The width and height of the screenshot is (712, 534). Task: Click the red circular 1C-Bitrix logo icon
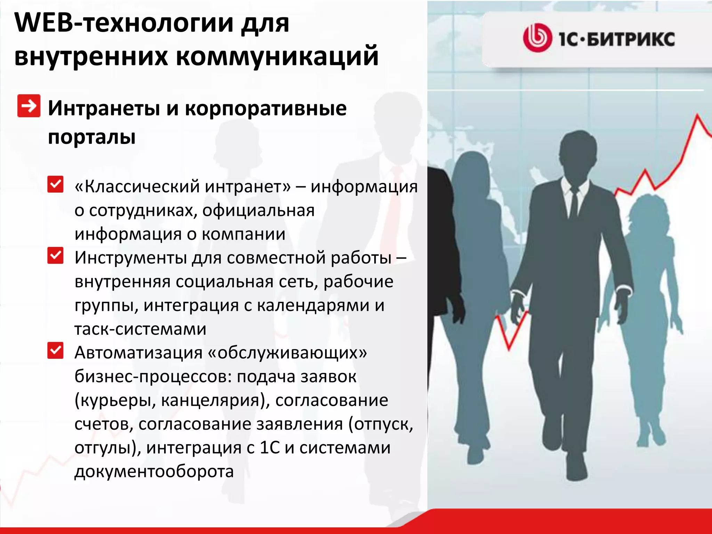(x=537, y=38)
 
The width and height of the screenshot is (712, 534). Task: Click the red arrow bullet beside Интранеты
(x=29, y=106)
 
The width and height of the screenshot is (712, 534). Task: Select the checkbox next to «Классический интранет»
(x=56, y=184)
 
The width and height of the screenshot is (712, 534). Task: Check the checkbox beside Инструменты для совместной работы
(x=56, y=256)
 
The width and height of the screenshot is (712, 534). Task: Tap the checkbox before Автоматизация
(x=56, y=350)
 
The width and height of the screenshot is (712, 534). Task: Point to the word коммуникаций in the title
(x=277, y=56)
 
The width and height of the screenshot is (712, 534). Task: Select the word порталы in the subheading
(x=92, y=137)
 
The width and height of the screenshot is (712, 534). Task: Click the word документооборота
(x=154, y=471)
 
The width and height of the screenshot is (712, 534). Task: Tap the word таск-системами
(x=140, y=329)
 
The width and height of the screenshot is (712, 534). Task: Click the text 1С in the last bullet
(x=270, y=448)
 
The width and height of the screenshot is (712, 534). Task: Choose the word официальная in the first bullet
(x=258, y=211)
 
